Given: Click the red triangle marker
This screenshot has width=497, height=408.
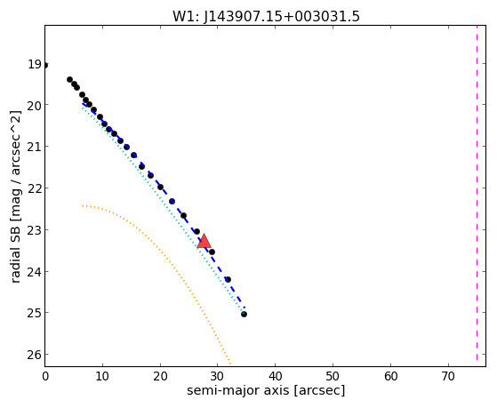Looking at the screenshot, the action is pos(204,241).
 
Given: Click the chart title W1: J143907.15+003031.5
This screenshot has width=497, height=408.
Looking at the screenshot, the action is pos(266,17).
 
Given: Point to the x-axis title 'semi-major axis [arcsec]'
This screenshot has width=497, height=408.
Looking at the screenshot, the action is pos(266,390).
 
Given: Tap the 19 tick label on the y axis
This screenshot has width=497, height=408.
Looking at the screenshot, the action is pos(35,64).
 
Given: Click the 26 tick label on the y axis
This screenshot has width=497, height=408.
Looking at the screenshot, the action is pos(35,355).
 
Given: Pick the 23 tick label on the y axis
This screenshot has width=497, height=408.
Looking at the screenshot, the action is pos(35,230).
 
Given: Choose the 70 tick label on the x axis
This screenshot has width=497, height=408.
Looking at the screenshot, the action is pos(448,376).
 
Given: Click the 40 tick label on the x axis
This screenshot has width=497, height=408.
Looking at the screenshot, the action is pos(275,376).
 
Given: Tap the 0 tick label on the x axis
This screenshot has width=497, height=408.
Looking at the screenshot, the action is pos(45,376).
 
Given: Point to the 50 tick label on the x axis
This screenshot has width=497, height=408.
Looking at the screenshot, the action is pos(333,376).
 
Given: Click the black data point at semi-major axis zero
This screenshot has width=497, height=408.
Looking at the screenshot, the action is pos(45,65).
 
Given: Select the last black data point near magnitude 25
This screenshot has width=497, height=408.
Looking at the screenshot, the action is pos(244,314).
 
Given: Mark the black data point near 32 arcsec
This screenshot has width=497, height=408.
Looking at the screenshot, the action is pos(228,279).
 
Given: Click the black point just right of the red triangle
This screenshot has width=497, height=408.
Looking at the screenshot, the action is pos(212,252).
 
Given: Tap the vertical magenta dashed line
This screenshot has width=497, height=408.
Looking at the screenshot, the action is pos(477,193).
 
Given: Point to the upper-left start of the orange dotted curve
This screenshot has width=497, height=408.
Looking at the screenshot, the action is pos(82,206).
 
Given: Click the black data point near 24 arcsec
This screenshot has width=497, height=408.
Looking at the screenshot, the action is pos(183,216).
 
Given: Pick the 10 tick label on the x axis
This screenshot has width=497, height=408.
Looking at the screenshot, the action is pos(102,376).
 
